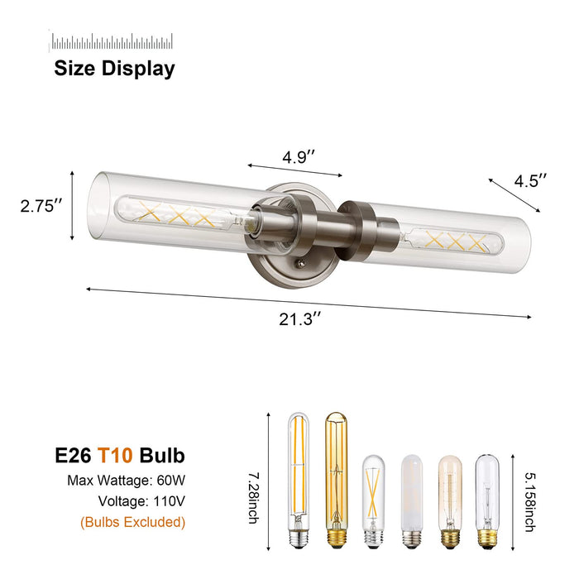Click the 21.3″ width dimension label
299,318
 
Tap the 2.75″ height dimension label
41,206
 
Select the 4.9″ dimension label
299,157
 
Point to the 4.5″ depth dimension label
530,181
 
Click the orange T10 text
115,455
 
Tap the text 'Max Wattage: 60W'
126,481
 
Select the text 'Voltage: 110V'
141,501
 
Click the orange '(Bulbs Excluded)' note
133,522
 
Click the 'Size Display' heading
114,69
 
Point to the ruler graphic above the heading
112,41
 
